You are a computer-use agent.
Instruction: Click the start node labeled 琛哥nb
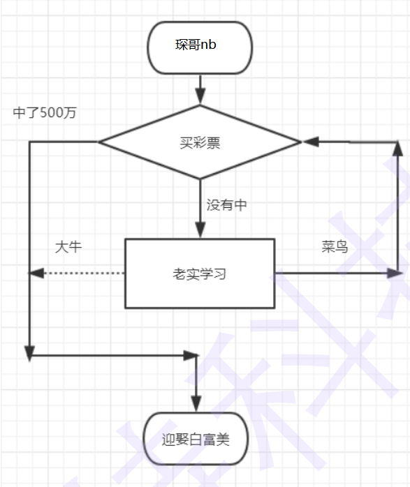point(200,47)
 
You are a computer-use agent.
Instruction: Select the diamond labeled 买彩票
point(200,142)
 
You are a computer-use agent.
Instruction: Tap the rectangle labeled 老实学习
point(200,274)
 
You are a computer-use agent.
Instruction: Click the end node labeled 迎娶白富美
point(196,439)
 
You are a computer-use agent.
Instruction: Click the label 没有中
point(226,205)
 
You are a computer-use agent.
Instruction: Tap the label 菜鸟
point(335,248)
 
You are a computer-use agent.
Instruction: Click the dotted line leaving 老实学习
point(84,274)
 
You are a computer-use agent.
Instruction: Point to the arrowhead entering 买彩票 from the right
point(309,142)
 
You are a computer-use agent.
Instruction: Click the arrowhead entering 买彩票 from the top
point(200,98)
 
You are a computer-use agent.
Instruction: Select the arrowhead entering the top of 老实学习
point(200,231)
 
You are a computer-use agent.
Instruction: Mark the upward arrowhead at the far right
point(398,149)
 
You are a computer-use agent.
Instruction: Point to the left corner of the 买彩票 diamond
point(100,142)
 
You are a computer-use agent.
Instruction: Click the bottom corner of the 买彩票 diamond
point(200,180)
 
